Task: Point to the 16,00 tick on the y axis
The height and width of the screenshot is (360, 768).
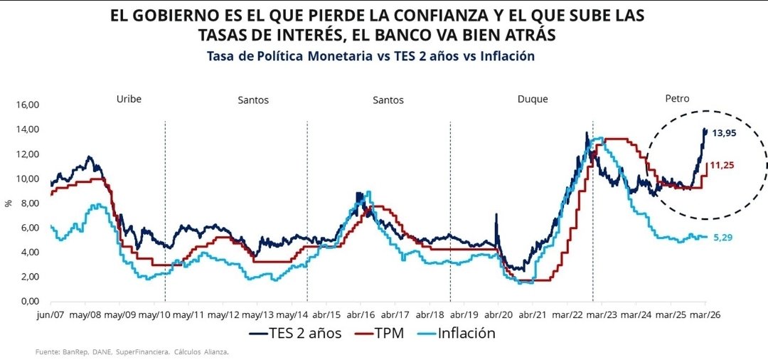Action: (27, 105)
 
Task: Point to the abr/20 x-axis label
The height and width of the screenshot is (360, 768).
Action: (498, 314)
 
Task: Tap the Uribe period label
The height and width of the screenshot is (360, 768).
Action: (129, 99)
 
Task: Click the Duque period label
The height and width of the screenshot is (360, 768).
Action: (532, 99)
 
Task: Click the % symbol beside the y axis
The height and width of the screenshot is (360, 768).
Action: (9, 203)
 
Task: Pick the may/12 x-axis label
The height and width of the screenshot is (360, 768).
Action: (227, 314)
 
